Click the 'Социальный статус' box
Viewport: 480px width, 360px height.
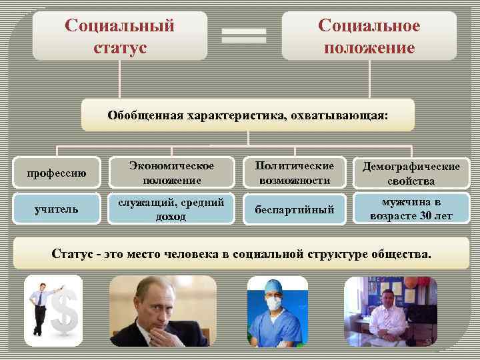[x=119, y=37]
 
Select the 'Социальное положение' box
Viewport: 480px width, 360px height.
[x=369, y=37]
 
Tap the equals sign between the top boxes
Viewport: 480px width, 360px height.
[x=244, y=36]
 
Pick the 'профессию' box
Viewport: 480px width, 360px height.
[x=57, y=173]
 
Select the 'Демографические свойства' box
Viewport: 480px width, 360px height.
[x=411, y=173]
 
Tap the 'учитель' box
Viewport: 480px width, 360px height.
[x=57, y=209]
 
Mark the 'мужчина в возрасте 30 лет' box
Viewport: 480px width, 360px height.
[x=411, y=209]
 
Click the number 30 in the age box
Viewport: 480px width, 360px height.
[x=425, y=216]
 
